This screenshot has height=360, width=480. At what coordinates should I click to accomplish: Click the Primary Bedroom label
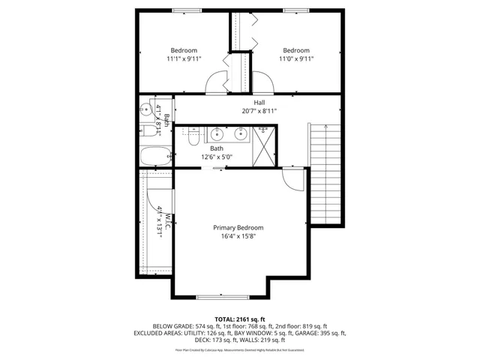click(238, 227)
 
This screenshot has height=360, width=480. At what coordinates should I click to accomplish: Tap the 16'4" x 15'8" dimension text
click(238, 237)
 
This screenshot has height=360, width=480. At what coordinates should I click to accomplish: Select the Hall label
click(259, 102)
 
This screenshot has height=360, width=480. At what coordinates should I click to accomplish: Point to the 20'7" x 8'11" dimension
click(259, 111)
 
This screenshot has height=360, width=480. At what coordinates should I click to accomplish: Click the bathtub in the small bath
click(155, 155)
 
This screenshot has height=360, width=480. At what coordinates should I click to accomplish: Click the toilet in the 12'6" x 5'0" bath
click(193, 137)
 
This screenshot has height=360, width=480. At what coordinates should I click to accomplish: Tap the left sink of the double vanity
click(217, 134)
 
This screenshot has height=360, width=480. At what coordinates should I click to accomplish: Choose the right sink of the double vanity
click(241, 134)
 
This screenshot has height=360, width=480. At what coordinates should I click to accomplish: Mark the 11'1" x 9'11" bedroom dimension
click(182, 58)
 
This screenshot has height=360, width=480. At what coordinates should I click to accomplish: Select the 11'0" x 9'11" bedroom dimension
click(296, 58)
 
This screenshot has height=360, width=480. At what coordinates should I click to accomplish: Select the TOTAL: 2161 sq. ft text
click(240, 319)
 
